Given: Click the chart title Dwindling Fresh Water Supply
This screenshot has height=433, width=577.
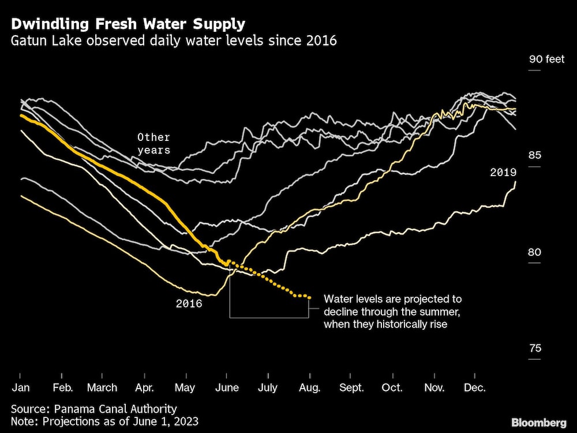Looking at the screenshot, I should click(128, 24).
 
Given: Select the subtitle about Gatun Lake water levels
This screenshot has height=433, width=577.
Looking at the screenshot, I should click(174, 42).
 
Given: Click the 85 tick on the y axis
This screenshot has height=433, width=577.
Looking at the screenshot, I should click(535, 155).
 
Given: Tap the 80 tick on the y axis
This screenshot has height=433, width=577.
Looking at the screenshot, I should click(535, 252).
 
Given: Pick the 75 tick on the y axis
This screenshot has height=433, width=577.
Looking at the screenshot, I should click(535, 348).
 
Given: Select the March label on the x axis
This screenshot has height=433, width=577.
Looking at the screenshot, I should click(102, 388).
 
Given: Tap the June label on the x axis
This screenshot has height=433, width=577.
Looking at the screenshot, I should click(227, 388).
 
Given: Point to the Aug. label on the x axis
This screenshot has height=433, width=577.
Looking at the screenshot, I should click(310, 388).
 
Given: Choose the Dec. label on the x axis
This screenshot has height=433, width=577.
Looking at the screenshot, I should click(475, 388).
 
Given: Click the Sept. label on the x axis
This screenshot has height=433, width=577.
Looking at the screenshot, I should click(351, 388).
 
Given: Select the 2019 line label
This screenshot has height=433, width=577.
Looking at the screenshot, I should click(503, 172).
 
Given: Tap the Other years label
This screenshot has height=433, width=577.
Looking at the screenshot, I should click(153, 144).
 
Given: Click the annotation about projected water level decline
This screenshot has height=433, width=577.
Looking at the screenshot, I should click(393, 312).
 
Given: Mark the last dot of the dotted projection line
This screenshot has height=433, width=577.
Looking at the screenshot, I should click(310, 298).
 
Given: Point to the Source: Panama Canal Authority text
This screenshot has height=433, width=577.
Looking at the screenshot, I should click(93, 409).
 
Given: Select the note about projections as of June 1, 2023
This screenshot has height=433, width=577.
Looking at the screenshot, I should click(104, 421).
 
